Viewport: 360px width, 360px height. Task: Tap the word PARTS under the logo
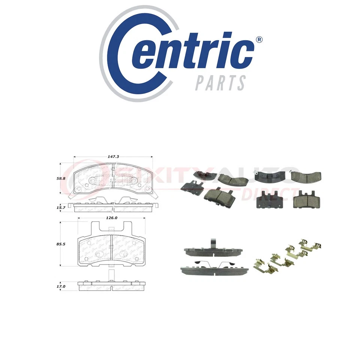pos(220,82)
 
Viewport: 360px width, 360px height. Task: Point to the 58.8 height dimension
pos(61,178)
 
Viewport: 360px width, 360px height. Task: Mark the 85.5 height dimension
pos(61,244)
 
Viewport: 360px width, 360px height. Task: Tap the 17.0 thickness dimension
pos(61,286)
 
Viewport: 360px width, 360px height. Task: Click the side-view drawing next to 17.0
pos(112,286)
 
